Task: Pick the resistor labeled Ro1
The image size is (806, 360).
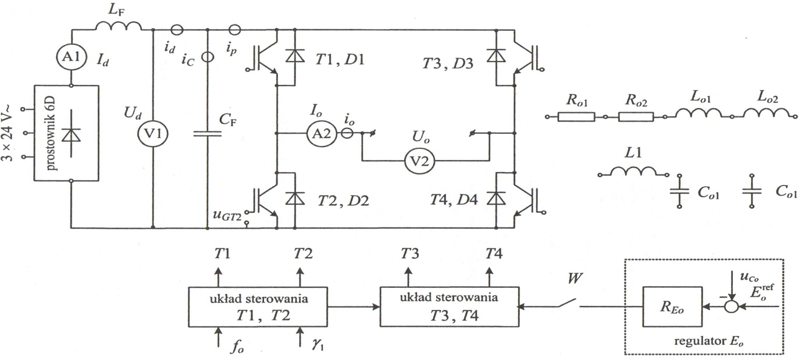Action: [576, 117]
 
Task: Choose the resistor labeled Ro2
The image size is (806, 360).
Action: [636, 117]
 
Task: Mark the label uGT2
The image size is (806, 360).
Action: [228, 216]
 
